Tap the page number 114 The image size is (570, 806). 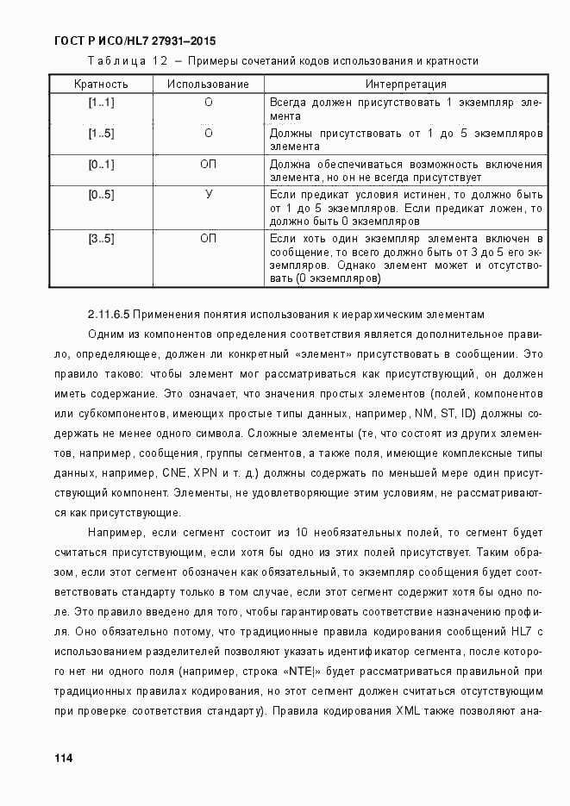63,758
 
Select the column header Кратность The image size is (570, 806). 101,84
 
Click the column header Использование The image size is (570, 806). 208,84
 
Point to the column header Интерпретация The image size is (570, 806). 405,84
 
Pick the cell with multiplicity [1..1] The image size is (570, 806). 101,103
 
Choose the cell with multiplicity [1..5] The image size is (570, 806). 101,134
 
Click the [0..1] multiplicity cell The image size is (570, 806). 101,165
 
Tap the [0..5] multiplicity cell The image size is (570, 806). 101,195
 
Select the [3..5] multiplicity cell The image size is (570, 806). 101,238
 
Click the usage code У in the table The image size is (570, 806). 209,195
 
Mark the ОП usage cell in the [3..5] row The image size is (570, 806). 209,238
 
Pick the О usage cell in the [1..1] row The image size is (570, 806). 209,103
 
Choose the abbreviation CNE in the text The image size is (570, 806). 175,473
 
